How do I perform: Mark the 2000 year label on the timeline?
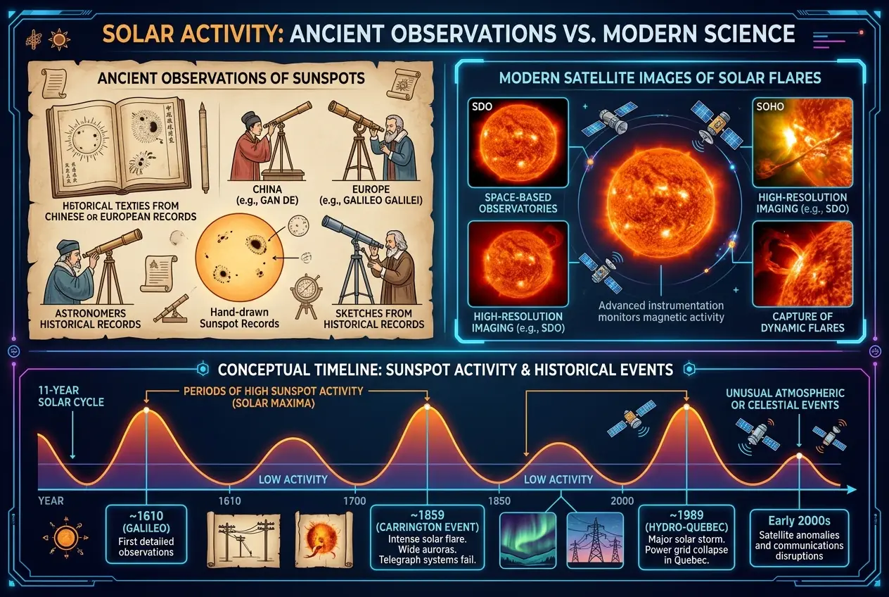pos(622,501)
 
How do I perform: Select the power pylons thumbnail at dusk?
pos(594,539)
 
